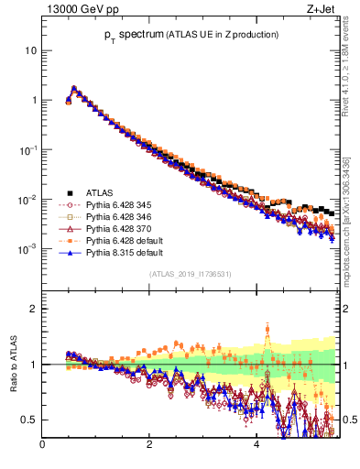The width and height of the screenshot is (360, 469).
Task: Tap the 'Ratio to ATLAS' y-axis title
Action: pyautogui.click(x=14, y=365)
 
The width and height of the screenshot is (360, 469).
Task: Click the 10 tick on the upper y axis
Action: pyautogui.click(x=30, y=50)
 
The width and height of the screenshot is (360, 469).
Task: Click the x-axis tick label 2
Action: pyautogui.click(x=149, y=446)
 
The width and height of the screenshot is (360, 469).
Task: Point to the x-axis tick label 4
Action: pyautogui.click(x=256, y=446)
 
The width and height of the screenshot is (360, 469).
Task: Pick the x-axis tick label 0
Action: pyautogui.click(x=42, y=446)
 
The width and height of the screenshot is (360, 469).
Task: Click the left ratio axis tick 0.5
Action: pyautogui.click(x=29, y=420)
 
